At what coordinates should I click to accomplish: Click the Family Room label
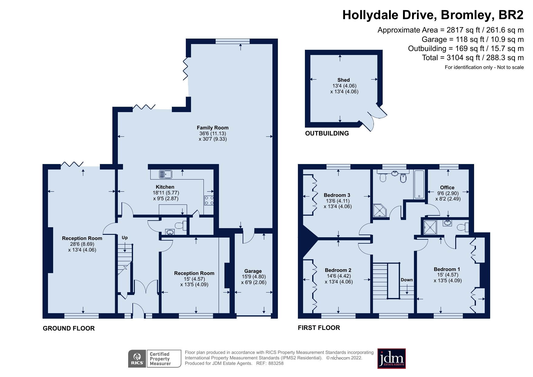213,128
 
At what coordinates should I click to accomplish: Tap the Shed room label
343,80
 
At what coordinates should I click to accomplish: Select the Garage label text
253,271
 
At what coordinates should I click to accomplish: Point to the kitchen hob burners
209,200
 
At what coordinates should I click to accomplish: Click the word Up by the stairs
125,238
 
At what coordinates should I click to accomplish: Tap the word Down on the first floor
407,280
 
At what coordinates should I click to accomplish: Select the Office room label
447,188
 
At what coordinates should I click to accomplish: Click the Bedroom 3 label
337,195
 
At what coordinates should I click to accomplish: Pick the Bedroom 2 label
338,270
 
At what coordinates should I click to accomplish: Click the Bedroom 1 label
447,269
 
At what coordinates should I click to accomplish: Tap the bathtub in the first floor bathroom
419,184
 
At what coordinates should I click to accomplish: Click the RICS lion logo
137,359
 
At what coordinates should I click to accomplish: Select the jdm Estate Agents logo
391,358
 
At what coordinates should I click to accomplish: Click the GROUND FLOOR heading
69,328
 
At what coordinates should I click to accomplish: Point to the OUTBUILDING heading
327,133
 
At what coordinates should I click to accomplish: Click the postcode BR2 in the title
511,15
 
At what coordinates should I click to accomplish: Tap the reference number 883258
276,363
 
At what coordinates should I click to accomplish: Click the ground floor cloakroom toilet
180,225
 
